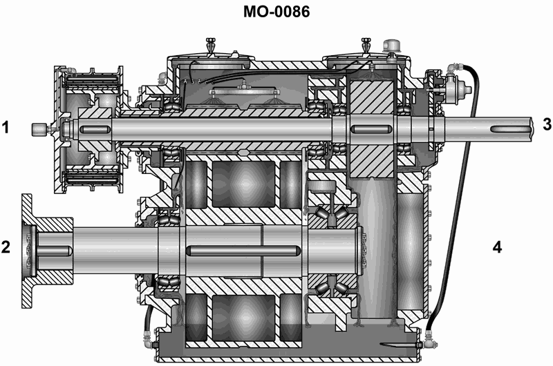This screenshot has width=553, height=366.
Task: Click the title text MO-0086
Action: tap(276, 11)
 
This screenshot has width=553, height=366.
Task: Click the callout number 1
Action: tap(6, 127)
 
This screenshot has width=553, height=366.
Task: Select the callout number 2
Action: tap(6, 247)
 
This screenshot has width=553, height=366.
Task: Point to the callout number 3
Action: tap(547, 124)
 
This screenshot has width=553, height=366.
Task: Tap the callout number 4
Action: tap(497, 247)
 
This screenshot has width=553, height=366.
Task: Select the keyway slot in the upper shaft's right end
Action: tap(514, 130)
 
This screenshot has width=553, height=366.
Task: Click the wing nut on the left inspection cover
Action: tap(211, 45)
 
